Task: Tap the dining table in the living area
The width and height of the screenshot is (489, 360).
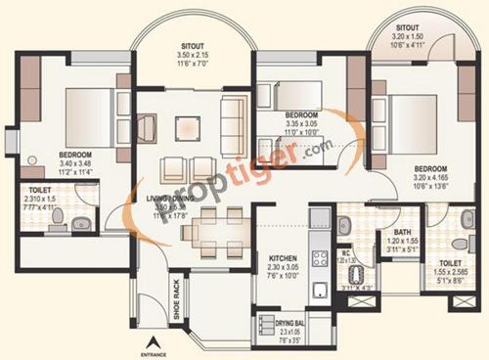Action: tap(209, 230)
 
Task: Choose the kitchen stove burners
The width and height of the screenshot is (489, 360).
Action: tap(319, 259)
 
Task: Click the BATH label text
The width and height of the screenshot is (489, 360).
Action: tap(389, 233)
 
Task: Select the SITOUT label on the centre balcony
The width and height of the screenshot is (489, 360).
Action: tap(194, 45)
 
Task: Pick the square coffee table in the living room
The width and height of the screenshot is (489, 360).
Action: tap(186, 126)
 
